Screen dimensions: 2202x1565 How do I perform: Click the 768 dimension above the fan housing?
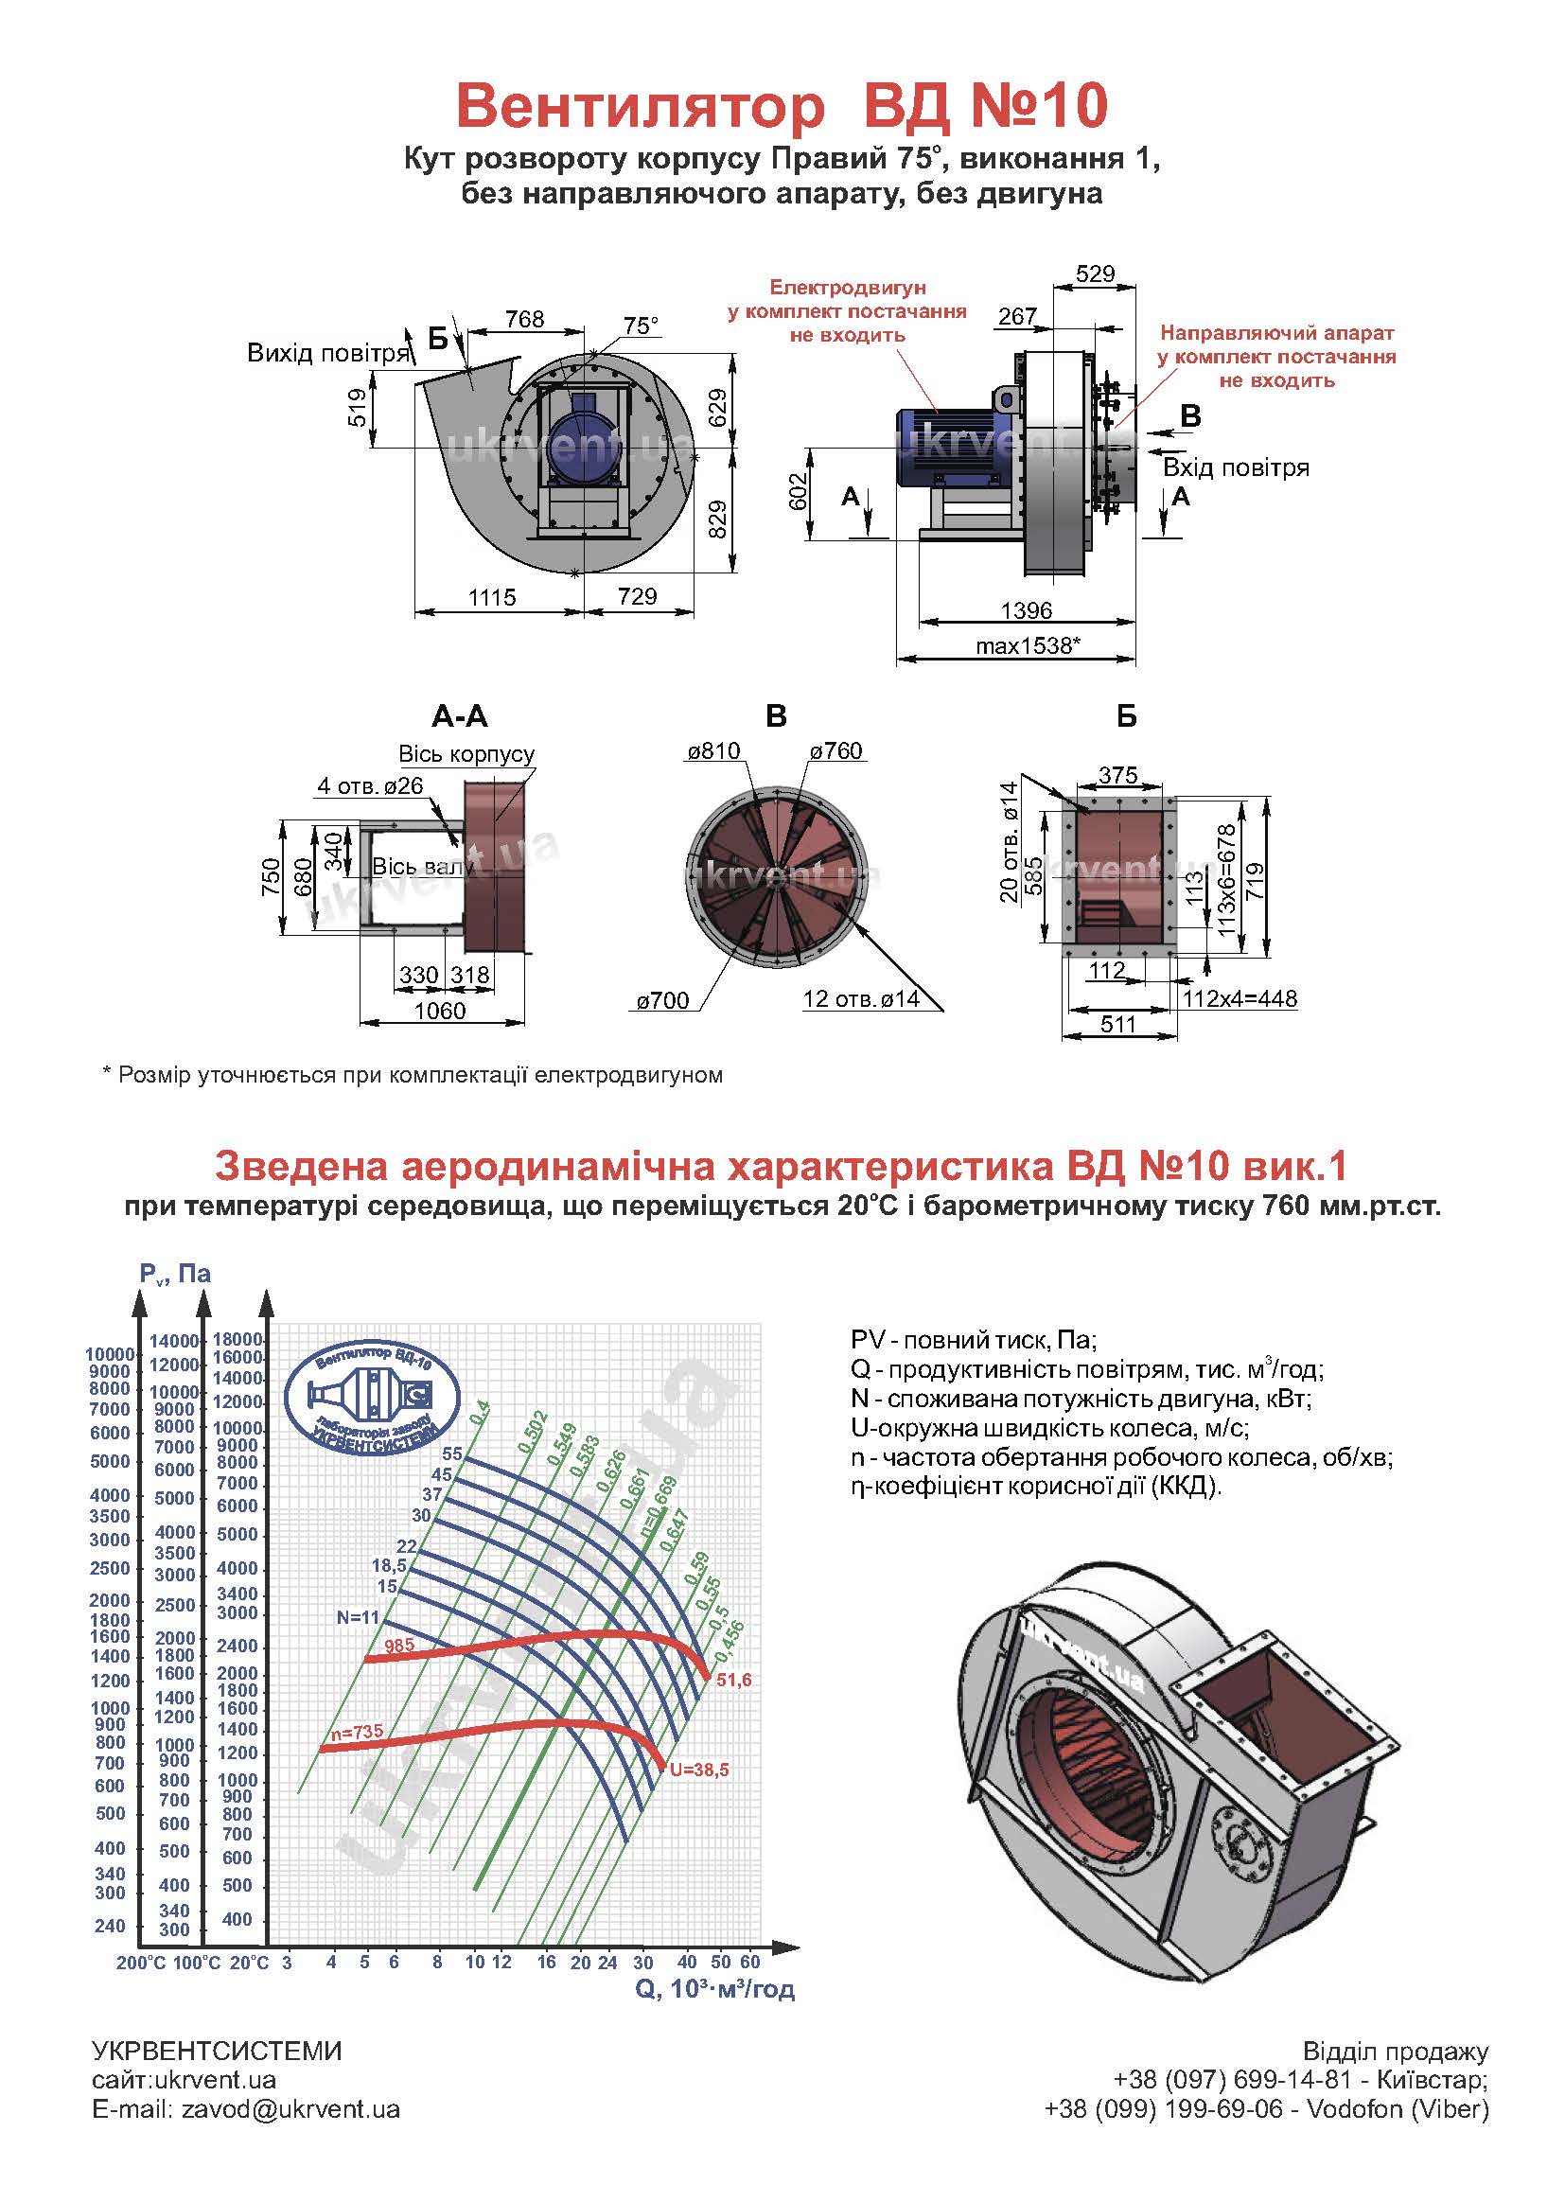pyautogui.click(x=525, y=319)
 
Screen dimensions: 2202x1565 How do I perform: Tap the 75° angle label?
pyautogui.click(x=641, y=326)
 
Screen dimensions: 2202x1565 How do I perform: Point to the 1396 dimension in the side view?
pyautogui.click(x=1027, y=610)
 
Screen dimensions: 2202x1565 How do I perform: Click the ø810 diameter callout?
pyautogui.click(x=713, y=751)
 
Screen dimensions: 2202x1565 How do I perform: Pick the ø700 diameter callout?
pyautogui.click(x=663, y=1001)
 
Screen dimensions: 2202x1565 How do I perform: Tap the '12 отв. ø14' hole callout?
pyautogui.click(x=860, y=999)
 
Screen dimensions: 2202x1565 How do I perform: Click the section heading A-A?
pyautogui.click(x=460, y=716)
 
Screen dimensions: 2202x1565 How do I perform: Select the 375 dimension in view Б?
pyautogui.click(x=1117, y=775)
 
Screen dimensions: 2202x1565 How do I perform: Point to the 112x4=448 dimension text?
pyautogui.click(x=1240, y=999)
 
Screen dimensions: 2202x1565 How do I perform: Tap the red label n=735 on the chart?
pyautogui.click(x=357, y=1732)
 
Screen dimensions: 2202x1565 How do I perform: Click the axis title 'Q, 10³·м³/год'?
pyautogui.click(x=715, y=1988)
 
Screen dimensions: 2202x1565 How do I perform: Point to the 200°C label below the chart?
pyautogui.click(x=142, y=1963)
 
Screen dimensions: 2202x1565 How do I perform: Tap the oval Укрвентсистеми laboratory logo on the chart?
pyautogui.click(x=373, y=1395)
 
